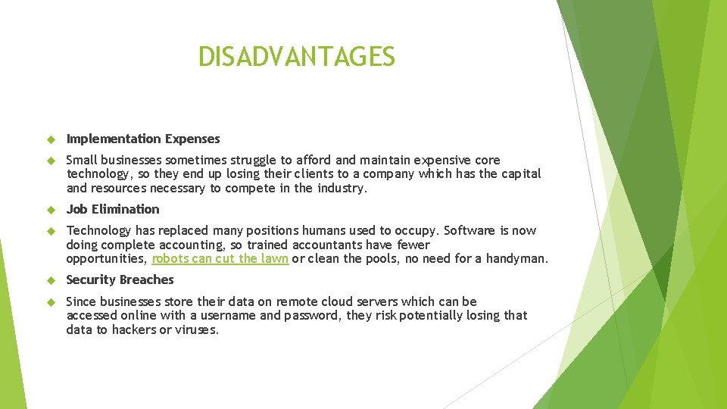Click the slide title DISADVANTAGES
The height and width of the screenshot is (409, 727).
pos(296,57)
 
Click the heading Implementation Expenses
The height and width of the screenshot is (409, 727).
pos(143,139)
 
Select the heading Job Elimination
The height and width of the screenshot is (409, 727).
pos(113,209)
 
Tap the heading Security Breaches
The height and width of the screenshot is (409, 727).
pos(120,279)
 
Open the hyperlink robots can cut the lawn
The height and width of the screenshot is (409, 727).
pos(220,259)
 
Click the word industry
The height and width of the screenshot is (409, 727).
pos(342,188)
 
